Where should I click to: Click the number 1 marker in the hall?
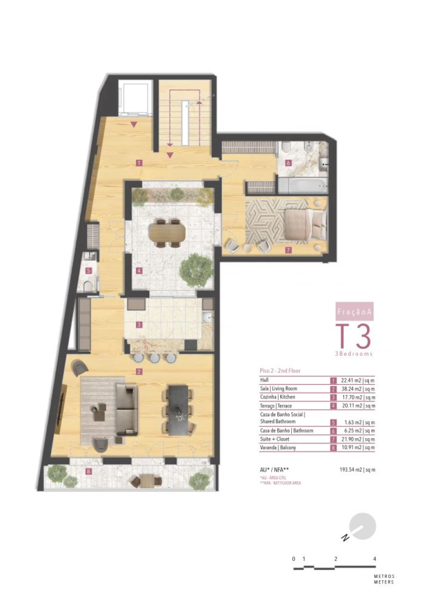pos(138,163)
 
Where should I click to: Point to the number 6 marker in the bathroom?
pos(288,163)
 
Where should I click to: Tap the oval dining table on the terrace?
pos(167,233)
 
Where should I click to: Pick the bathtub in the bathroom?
pos(303,185)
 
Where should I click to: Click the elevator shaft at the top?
pos(135,99)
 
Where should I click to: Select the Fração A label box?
pos(355,312)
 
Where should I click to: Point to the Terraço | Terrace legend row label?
pos(276,406)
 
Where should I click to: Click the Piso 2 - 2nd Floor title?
pos(280,370)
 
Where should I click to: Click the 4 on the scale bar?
pos(375,558)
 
